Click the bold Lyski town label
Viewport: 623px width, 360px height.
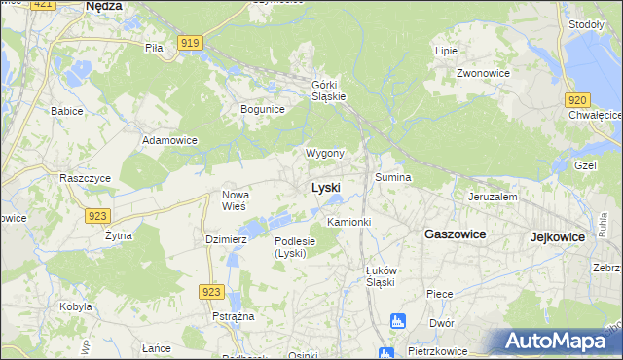[325, 187]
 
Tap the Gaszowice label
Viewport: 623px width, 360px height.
[455, 234]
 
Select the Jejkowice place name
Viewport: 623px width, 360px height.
[564, 236]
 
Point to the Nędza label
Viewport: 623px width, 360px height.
[103, 6]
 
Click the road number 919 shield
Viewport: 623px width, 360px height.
[191, 41]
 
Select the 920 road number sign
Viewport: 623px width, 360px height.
[577, 99]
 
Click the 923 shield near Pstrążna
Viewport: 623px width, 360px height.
[210, 291]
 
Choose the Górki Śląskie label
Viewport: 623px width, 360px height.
[328, 89]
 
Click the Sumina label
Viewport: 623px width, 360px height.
[393, 178]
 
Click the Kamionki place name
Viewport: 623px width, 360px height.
[349, 223]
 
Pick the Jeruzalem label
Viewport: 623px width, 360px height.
[492, 196]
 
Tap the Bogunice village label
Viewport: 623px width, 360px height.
[262, 109]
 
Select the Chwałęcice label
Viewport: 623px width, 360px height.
[595, 115]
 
